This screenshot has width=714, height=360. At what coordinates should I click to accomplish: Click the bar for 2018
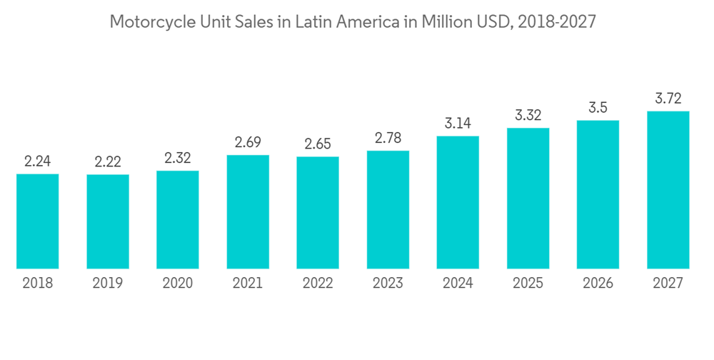37,221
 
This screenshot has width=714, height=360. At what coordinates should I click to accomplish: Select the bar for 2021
248,211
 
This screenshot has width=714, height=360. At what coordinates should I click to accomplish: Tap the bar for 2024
458,202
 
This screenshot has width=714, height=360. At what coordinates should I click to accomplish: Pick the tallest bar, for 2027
668,190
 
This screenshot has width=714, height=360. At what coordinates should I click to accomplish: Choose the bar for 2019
108,221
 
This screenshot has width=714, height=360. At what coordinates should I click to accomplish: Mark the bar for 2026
598,194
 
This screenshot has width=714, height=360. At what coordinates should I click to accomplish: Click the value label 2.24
37,161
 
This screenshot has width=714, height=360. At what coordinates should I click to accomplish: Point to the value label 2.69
248,142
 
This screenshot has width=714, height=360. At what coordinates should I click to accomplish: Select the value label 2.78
388,138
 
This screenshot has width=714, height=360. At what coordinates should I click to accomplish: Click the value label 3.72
668,99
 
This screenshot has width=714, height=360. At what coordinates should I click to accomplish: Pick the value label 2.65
318,144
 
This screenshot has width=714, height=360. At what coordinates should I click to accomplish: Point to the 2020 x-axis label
178,284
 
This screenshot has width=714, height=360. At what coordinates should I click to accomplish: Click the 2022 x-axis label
318,284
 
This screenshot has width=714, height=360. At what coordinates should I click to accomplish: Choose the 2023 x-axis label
388,284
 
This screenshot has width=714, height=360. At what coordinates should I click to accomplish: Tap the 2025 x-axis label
528,284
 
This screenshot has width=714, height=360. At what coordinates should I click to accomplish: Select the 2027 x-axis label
668,284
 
